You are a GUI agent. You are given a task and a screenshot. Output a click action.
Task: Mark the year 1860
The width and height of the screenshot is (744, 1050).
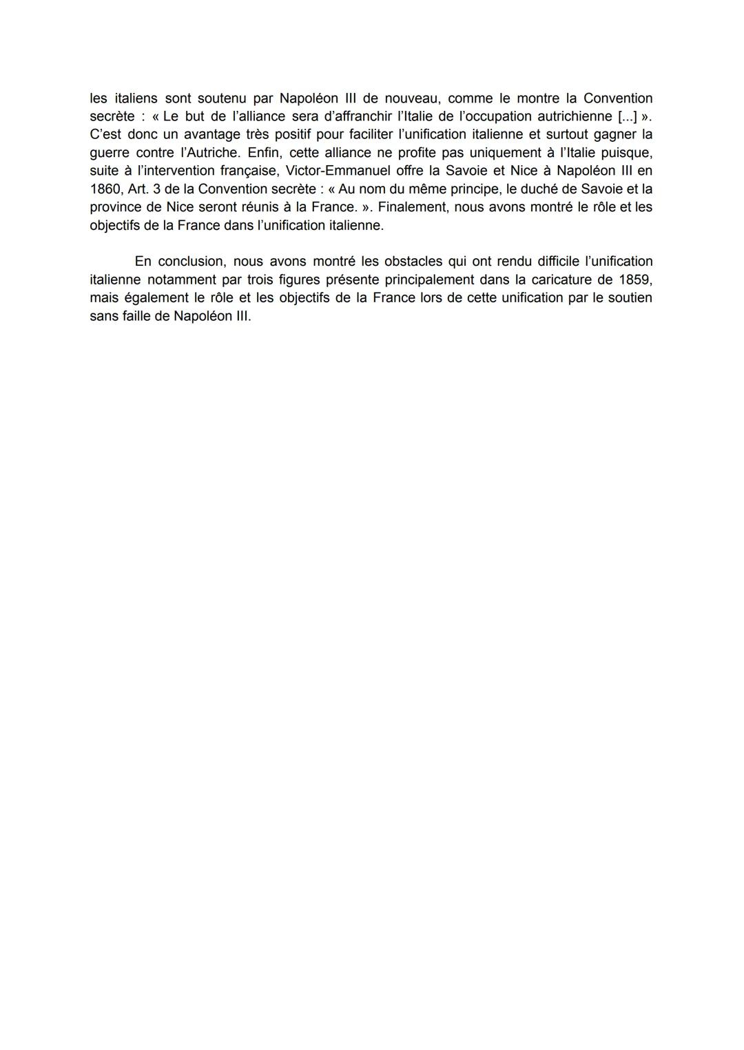click(x=105, y=189)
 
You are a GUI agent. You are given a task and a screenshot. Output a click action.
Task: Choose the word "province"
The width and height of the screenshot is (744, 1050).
click(x=115, y=207)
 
